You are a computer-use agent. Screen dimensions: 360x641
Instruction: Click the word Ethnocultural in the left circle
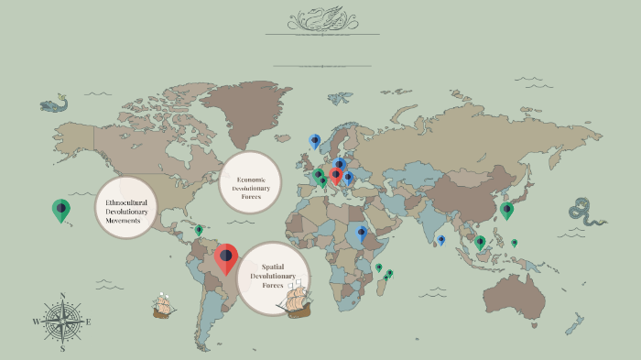click(126, 201)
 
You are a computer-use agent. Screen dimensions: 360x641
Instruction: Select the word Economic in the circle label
click(250, 180)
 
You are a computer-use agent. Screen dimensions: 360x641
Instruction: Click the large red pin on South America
click(225, 257)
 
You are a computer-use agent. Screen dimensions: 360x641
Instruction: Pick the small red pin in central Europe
click(336, 174)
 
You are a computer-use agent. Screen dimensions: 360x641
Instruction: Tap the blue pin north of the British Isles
click(315, 141)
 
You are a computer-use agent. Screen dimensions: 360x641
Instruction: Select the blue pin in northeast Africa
click(362, 234)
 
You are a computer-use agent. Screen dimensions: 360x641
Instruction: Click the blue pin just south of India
click(441, 240)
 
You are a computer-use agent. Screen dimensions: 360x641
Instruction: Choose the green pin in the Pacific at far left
click(60, 210)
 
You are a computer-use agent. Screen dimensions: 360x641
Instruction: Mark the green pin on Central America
click(199, 230)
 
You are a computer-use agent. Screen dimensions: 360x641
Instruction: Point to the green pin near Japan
click(506, 210)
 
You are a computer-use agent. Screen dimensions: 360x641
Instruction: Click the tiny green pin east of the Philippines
click(514, 243)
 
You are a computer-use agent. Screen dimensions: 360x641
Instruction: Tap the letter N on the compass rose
click(62, 296)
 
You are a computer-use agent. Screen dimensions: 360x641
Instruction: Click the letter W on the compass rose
click(37, 322)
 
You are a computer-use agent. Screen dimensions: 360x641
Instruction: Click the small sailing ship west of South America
click(163, 305)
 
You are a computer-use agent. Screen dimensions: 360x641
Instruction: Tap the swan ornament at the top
click(321, 18)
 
